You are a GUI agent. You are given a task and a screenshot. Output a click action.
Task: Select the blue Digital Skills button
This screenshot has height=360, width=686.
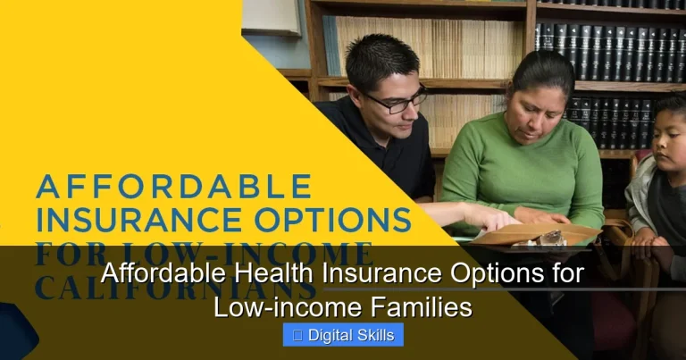coord(343,335)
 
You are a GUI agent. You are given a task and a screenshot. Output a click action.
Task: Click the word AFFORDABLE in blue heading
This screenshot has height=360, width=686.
coord(173,188)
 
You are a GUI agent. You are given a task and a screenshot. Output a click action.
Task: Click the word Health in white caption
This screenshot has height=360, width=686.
coord(241,275)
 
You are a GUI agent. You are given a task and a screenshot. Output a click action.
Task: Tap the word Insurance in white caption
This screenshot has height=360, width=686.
coord(344,275)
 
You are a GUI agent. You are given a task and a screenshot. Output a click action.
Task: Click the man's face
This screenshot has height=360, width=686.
coord(393,103)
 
